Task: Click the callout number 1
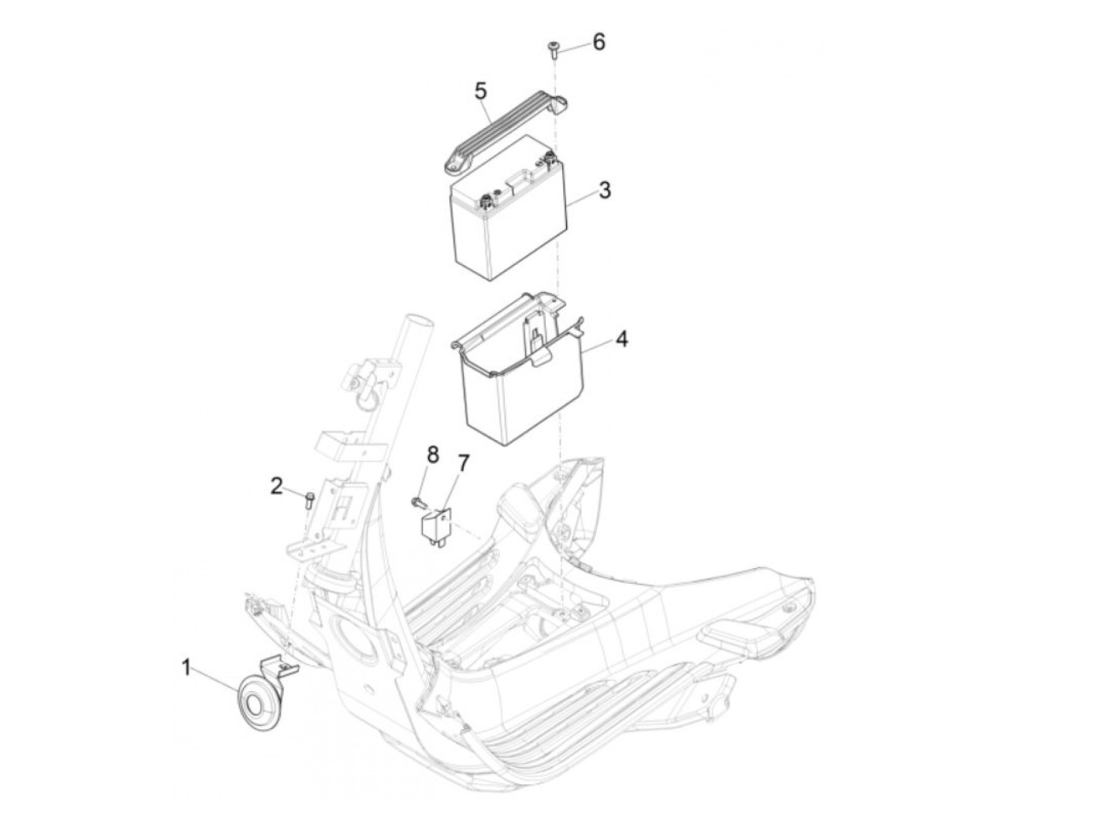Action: coord(186,670)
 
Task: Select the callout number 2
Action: coord(276,486)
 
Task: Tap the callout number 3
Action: coord(604,190)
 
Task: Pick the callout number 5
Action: coord(480,90)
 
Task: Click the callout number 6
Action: coord(599,42)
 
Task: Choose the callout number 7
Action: coord(463,463)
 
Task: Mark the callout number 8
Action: coord(432,454)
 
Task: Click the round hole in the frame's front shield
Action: coord(356,636)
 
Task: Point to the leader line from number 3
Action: coord(580,196)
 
